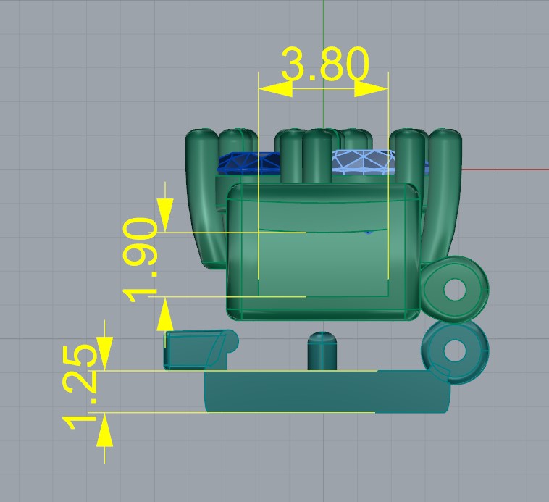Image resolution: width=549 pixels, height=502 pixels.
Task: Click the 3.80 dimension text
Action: click(325, 64)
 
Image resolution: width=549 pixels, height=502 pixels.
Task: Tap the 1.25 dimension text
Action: click(80, 387)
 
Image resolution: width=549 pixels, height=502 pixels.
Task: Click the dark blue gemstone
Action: click(249, 163)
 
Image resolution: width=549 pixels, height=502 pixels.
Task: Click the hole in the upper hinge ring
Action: click(455, 290)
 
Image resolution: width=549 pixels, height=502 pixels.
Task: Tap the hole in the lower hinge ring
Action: click(455, 351)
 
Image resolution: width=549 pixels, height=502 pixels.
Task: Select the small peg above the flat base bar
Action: click(322, 351)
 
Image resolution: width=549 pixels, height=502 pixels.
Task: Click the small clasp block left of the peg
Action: click(201, 349)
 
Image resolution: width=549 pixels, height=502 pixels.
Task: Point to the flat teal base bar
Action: click(327, 391)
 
